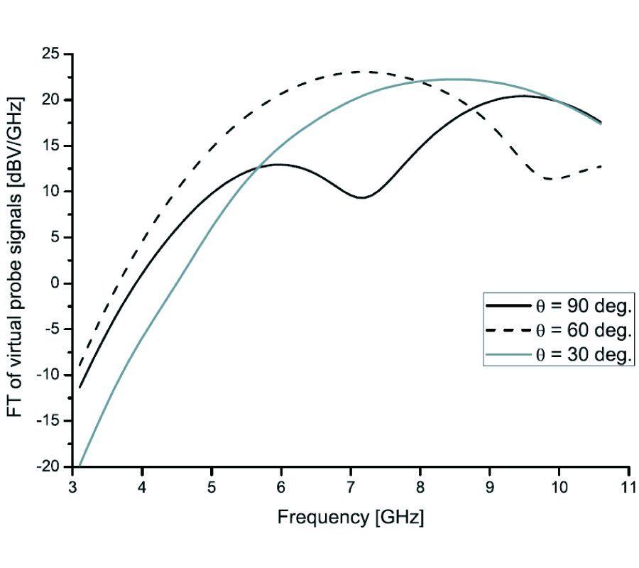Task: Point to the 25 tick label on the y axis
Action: coord(50,54)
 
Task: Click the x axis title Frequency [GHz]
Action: coord(350,518)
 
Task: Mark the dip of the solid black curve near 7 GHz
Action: coord(362,197)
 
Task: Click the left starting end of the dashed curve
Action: coord(79,366)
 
